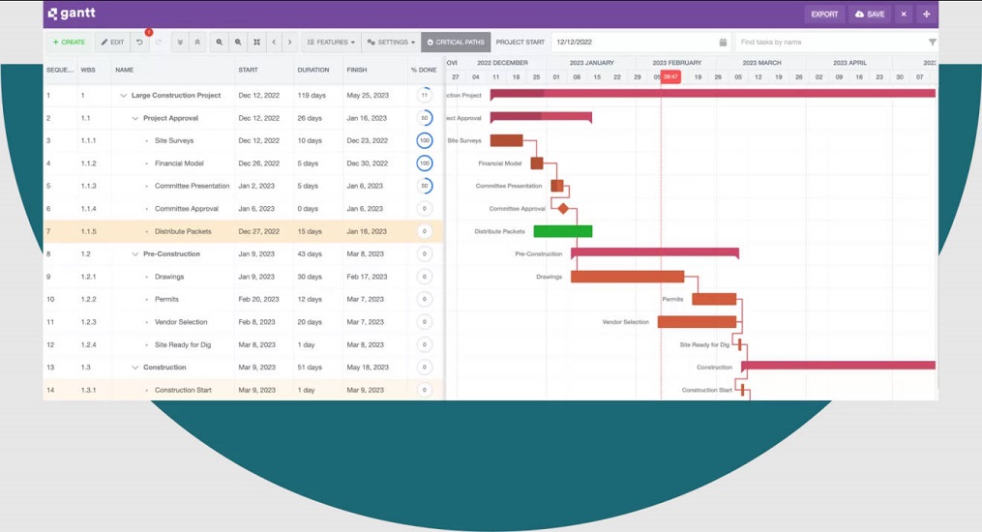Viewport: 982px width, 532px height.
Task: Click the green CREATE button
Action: (69, 43)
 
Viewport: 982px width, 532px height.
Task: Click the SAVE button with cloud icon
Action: (869, 15)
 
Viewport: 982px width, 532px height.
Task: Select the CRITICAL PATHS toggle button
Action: (456, 43)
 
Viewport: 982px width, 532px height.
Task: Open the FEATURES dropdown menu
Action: (330, 43)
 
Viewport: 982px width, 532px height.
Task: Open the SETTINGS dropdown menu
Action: (391, 43)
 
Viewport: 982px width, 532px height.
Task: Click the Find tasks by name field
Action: (829, 43)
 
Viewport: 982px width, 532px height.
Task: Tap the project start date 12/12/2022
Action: (634, 43)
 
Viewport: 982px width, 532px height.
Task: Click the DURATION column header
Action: (313, 70)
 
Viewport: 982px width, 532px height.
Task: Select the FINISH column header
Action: (357, 70)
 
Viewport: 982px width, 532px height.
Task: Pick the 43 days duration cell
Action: (310, 254)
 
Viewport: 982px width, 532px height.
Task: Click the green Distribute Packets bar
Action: (562, 231)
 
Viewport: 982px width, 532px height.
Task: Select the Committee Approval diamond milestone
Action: (563, 208)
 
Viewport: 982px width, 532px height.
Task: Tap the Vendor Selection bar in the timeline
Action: (697, 322)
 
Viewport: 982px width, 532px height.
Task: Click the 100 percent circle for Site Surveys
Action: (424, 141)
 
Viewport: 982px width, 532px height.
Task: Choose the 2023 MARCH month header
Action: (762, 63)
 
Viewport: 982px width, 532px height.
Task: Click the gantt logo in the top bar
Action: (73, 15)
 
